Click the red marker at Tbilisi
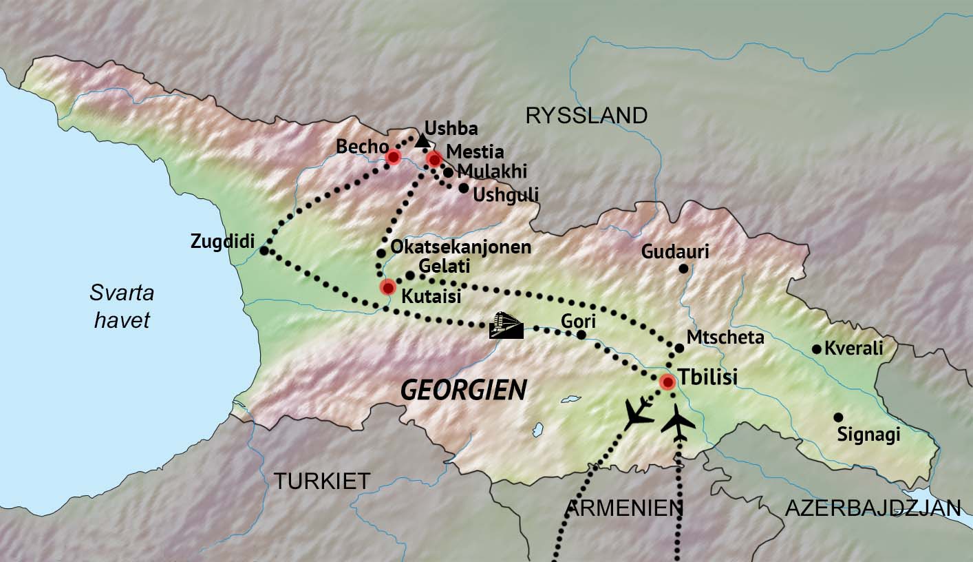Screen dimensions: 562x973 pyautogui.click(x=667, y=382)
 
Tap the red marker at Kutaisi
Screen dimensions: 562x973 pyautogui.click(x=388, y=287)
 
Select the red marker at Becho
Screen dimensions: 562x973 pyautogui.click(x=393, y=157)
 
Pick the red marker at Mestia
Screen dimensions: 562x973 pyautogui.click(x=434, y=159)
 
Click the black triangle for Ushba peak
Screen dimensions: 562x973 pyautogui.click(x=423, y=142)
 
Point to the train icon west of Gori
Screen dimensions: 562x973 pyautogui.click(x=506, y=325)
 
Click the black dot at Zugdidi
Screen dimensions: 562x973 pyautogui.click(x=264, y=251)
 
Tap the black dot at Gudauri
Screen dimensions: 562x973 pyautogui.click(x=683, y=269)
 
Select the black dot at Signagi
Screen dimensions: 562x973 pyautogui.click(x=838, y=417)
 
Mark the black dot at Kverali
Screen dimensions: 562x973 pyautogui.click(x=817, y=349)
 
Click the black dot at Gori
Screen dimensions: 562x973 pyautogui.click(x=581, y=335)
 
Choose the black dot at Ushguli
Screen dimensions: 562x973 pyautogui.click(x=464, y=188)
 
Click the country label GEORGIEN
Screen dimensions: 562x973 pyautogui.click(x=464, y=391)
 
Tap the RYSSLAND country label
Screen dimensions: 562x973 pyautogui.click(x=586, y=116)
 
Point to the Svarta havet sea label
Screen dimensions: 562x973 pyautogui.click(x=122, y=306)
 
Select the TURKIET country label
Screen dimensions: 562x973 pyautogui.click(x=322, y=481)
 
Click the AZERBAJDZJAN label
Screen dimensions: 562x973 pyautogui.click(x=873, y=508)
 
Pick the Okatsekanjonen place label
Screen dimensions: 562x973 pyautogui.click(x=460, y=247)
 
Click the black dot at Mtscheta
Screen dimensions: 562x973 pyautogui.click(x=679, y=348)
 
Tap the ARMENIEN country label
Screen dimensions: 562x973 pyautogui.click(x=623, y=508)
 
